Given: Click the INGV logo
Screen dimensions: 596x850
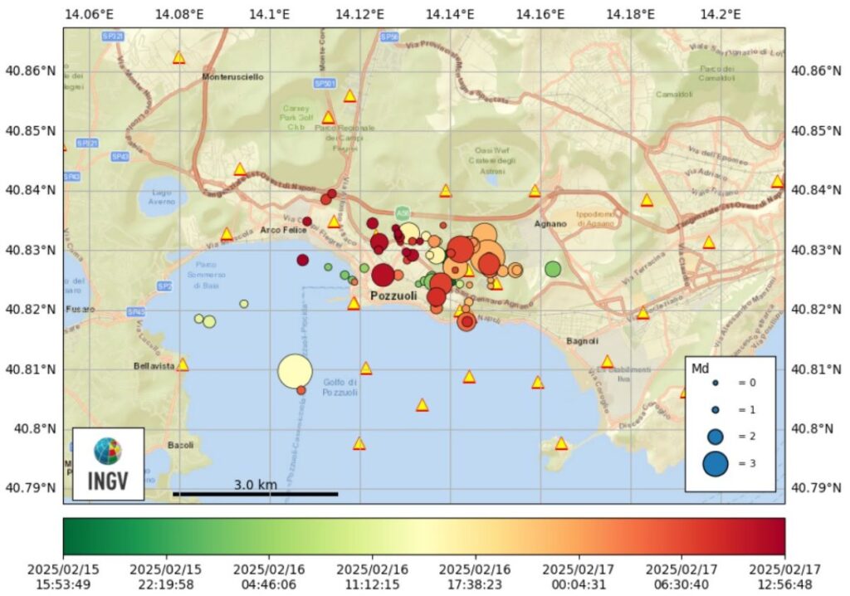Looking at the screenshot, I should click(x=107, y=463).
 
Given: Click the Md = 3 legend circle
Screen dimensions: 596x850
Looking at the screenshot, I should click(x=715, y=463).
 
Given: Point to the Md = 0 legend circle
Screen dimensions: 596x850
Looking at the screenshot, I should click(x=715, y=383).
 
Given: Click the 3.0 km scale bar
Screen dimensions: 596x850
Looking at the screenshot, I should click(x=255, y=494).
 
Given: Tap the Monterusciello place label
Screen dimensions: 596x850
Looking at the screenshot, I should click(x=233, y=76).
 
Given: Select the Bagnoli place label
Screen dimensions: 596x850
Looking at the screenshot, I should click(x=582, y=341).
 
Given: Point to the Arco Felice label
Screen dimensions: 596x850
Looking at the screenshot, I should click(x=279, y=230).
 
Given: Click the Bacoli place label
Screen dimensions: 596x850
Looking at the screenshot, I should click(x=180, y=445).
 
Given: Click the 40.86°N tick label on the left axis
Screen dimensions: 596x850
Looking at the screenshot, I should click(x=30, y=71).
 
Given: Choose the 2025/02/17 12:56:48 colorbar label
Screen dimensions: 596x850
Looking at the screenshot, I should click(x=784, y=577).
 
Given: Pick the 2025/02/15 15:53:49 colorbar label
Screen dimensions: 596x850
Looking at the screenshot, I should click(x=63, y=577).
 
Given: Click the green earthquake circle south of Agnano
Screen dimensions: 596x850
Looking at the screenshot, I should click(x=553, y=269).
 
